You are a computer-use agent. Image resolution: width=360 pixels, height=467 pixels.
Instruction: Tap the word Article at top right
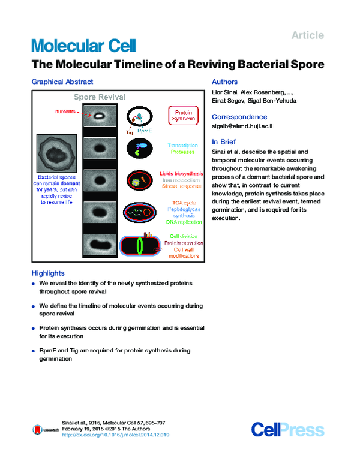coord(307,35)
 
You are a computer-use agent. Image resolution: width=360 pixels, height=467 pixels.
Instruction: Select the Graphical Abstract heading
coord(62,82)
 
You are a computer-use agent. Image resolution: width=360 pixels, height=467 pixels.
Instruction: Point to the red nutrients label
coord(65,112)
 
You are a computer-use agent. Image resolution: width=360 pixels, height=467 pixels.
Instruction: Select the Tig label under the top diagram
coord(128,130)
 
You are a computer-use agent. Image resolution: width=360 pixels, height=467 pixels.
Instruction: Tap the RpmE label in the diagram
coord(145,130)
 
